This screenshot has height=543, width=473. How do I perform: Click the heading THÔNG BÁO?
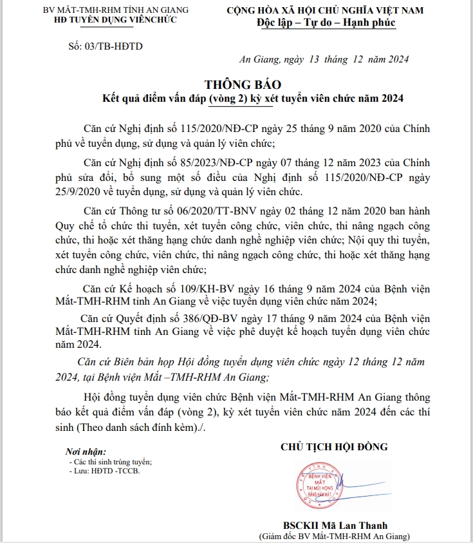243,85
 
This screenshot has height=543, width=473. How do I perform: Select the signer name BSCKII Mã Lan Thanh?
335,525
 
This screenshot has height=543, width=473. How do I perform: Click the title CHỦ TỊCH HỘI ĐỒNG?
334,447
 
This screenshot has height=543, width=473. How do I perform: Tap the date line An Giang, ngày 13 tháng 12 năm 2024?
324,60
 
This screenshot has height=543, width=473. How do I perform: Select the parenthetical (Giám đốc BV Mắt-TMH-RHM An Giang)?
334,537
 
